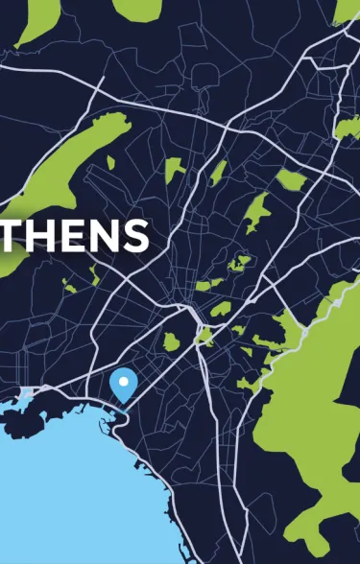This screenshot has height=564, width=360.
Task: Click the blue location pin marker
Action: tap(123, 385)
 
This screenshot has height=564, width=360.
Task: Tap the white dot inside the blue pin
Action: tap(123, 382)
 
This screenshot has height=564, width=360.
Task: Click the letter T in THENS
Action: tap(14, 236)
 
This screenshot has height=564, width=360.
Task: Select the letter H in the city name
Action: tap(45, 236)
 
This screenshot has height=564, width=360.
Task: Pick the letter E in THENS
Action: tap(74, 236)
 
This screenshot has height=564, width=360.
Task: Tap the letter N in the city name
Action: tap(104, 236)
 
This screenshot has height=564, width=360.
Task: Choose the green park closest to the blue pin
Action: tap(171, 341)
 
